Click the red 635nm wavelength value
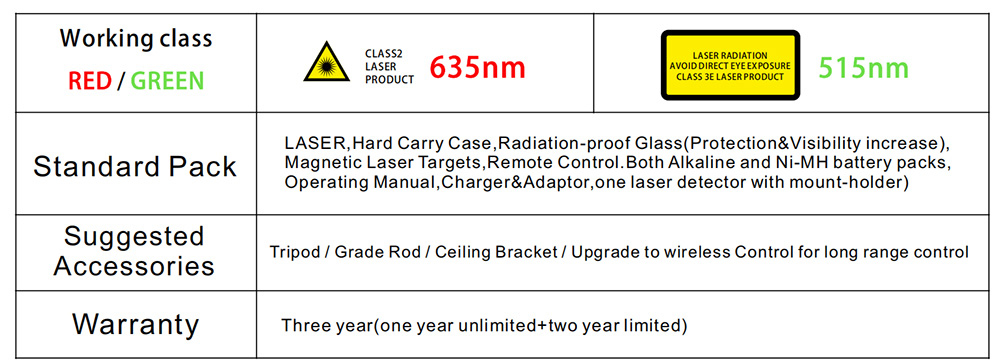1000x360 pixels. pos(477,68)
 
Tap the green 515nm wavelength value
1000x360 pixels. pos(863,68)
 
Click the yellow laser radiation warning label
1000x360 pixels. pos(729,65)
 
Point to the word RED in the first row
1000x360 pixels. pos(90,81)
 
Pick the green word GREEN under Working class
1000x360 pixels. pos(167,81)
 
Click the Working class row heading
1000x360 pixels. pos(135,40)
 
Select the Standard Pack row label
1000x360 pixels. pos(135,166)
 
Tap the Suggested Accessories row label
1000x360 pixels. pos(135,251)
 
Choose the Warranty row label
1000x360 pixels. pos(135,325)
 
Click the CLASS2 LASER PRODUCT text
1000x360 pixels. pos(389,67)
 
